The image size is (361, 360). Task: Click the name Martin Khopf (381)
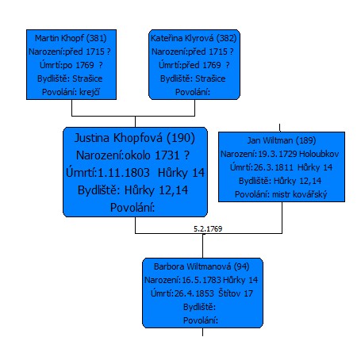[71, 38]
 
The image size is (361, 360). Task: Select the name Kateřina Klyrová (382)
[194, 38]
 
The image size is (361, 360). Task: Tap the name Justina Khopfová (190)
[135, 138]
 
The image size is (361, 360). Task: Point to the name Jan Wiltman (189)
[282, 140]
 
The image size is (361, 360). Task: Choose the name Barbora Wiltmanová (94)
[202, 266]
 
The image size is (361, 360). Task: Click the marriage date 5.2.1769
[208, 229]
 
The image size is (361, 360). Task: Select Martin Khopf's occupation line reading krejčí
[71, 92]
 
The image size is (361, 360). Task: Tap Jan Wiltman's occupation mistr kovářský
[281, 194]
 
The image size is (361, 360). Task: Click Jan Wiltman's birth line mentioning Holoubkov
[280, 154]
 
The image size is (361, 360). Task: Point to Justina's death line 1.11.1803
[135, 173]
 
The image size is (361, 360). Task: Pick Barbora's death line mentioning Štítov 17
[202, 293]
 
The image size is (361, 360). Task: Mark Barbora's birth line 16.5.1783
[202, 280]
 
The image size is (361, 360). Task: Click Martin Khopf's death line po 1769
[71, 65]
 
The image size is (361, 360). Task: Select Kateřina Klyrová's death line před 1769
[194, 65]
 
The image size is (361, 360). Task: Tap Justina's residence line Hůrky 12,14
[132, 190]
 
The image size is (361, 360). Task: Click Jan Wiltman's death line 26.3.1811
[281, 167]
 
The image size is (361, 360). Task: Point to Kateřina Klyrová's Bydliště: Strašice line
[193, 79]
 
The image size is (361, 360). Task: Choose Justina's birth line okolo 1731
[132, 155]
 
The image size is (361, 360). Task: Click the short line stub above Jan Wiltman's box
[280, 128]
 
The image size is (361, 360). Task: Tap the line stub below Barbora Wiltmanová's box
[202, 332]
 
